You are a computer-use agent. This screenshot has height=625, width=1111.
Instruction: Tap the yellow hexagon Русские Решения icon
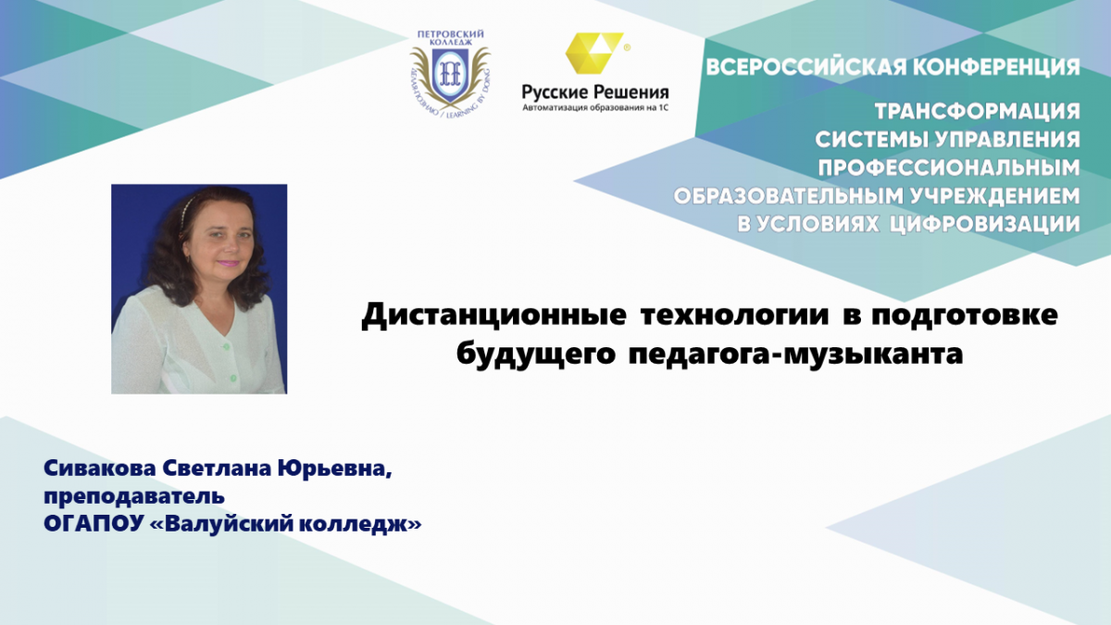click(x=594, y=53)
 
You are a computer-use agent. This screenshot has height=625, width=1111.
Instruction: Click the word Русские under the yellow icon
click(x=554, y=93)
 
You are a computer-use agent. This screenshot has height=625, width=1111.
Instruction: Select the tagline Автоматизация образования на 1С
click(x=595, y=107)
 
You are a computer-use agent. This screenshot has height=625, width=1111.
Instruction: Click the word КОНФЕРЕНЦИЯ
click(x=997, y=67)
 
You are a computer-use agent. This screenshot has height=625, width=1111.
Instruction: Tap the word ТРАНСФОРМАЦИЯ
click(x=977, y=111)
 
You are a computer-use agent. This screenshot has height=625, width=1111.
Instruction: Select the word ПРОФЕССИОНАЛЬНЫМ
click(x=949, y=168)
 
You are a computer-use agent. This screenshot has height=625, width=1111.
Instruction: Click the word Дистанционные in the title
click(x=493, y=315)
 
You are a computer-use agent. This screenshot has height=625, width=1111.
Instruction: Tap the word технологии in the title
click(x=735, y=315)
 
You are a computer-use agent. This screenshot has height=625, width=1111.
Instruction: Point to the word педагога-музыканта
click(x=795, y=354)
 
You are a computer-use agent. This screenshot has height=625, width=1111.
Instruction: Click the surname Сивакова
click(x=100, y=469)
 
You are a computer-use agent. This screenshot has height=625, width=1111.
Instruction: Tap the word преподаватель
click(x=134, y=496)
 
